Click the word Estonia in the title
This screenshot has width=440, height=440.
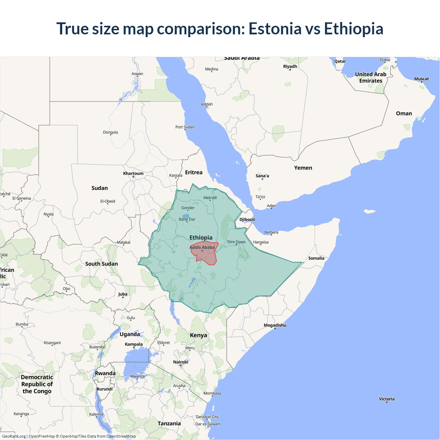(275, 29)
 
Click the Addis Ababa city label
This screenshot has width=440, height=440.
(202, 247)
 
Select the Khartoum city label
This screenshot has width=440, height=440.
(133, 173)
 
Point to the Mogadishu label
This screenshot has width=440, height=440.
(275, 325)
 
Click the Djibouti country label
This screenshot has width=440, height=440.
(247, 219)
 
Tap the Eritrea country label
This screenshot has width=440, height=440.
(194, 172)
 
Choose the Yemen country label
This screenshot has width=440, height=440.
(303, 168)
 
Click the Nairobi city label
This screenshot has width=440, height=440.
(181, 362)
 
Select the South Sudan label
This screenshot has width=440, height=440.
(101, 264)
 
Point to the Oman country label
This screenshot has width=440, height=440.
(404, 113)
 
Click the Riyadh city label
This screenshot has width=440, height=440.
(290, 66)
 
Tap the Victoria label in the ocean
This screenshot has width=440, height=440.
(387, 399)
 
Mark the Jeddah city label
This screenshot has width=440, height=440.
(207, 104)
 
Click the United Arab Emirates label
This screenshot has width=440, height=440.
(371, 77)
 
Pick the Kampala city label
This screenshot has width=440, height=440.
(134, 344)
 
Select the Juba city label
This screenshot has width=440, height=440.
(123, 294)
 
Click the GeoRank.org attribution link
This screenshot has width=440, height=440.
(14, 436)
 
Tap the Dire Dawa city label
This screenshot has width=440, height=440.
(236, 242)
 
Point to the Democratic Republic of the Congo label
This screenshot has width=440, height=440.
(37, 384)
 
